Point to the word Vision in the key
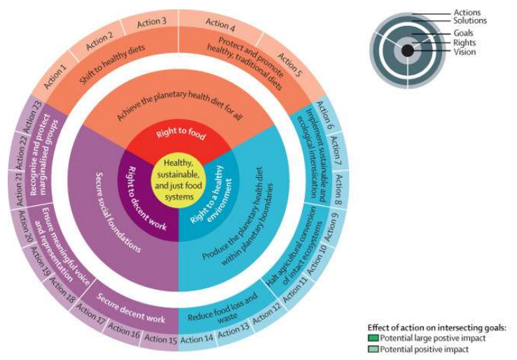[464, 52]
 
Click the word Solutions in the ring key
[469, 21]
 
